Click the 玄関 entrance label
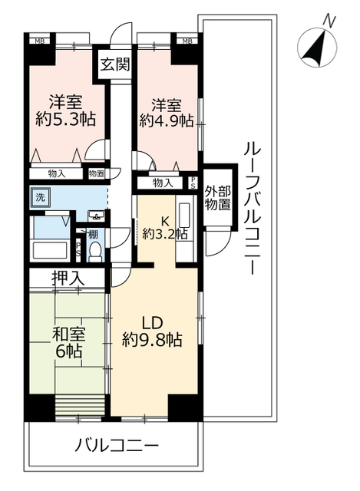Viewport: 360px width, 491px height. pos(114,64)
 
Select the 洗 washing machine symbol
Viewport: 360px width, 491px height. pos(40,198)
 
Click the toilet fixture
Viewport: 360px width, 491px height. pos(94,252)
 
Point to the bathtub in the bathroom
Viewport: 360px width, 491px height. pos(51,249)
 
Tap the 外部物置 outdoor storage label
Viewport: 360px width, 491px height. pos(218,198)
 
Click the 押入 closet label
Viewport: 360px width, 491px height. pos(68,278)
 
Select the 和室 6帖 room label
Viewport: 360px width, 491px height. pos(68,342)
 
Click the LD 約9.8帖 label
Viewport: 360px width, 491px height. pos(152,331)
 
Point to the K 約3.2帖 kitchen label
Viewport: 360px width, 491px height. pos(165,228)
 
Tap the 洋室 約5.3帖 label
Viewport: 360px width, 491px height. pos(65,110)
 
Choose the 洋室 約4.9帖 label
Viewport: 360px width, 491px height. pos(167,113)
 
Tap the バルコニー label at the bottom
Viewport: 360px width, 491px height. pos(116,444)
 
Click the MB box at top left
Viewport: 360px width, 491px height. pos(39,41)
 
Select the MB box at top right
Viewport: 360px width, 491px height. pos(187,41)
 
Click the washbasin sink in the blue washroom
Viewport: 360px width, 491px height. pos(97,216)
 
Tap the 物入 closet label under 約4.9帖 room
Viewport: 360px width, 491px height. pos(163,183)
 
